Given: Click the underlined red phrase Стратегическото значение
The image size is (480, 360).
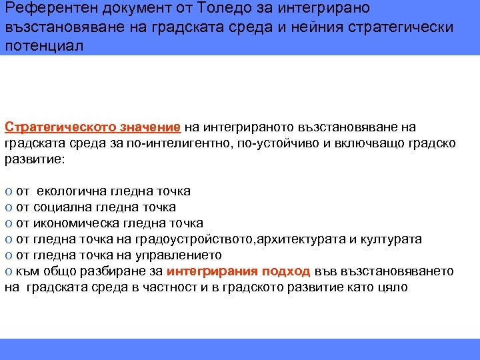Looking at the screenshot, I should pos(93,127).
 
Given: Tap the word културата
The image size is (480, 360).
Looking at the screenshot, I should pos(393,239).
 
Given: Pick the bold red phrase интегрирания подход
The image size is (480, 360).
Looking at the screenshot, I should pos(238,271).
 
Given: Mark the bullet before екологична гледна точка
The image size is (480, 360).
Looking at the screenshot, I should pos(7,191).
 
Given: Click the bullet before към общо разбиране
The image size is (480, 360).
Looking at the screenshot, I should pos(7,271).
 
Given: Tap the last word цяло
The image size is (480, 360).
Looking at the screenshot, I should pos(393,287).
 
